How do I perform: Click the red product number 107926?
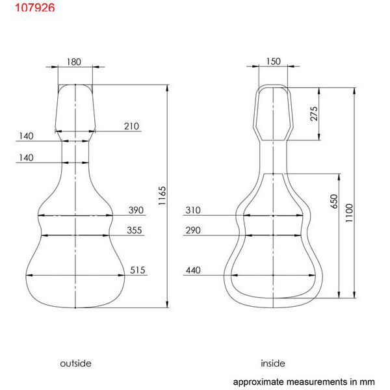[x=35, y=7]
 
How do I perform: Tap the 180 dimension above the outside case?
[x=74, y=62]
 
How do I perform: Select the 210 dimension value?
[x=131, y=126]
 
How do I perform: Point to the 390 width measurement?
[x=136, y=210]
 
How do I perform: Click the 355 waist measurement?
[x=135, y=230]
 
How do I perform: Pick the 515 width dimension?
[x=138, y=270]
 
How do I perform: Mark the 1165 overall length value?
[x=162, y=196]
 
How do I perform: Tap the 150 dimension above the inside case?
[x=274, y=62]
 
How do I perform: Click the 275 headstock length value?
[x=314, y=114]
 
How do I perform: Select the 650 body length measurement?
[x=334, y=201]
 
